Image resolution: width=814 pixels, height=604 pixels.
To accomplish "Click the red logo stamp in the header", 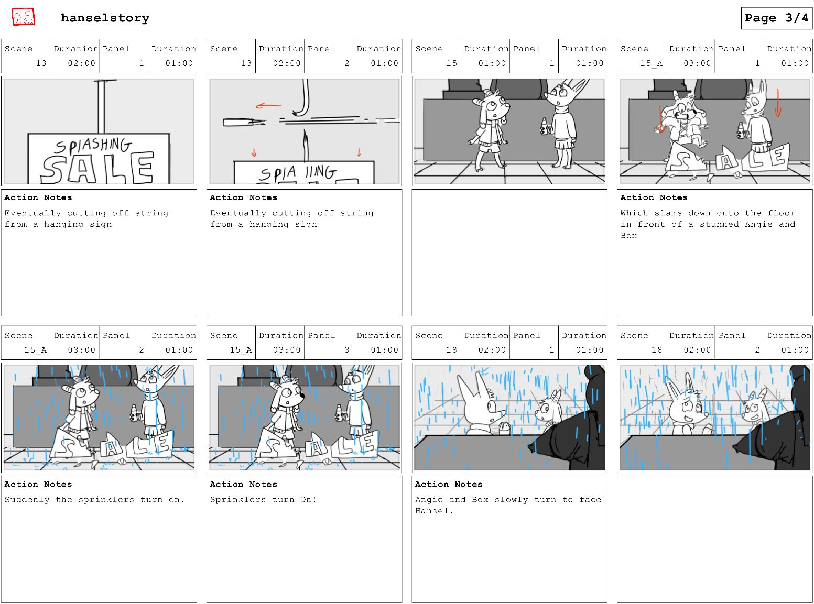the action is (x=23, y=17).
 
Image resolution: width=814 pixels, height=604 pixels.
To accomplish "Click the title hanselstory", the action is (x=105, y=18).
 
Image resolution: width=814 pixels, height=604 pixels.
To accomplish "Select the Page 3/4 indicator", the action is (x=776, y=18).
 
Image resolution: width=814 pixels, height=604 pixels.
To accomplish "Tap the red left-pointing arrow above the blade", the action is (x=268, y=106).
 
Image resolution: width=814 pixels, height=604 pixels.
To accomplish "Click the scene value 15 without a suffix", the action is (x=451, y=63).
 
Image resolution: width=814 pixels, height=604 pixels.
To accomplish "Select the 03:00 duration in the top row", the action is (x=697, y=63).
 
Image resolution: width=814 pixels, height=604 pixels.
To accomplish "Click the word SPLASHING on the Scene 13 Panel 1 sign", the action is (x=93, y=146).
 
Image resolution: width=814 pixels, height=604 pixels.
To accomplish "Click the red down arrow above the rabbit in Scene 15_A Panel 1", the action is (x=778, y=103).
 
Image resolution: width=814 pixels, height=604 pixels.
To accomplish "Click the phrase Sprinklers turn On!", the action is (x=263, y=500).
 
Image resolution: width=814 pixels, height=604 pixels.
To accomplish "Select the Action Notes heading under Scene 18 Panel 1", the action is (x=449, y=485).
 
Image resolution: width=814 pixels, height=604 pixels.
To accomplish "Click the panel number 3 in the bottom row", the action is (x=346, y=350).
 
